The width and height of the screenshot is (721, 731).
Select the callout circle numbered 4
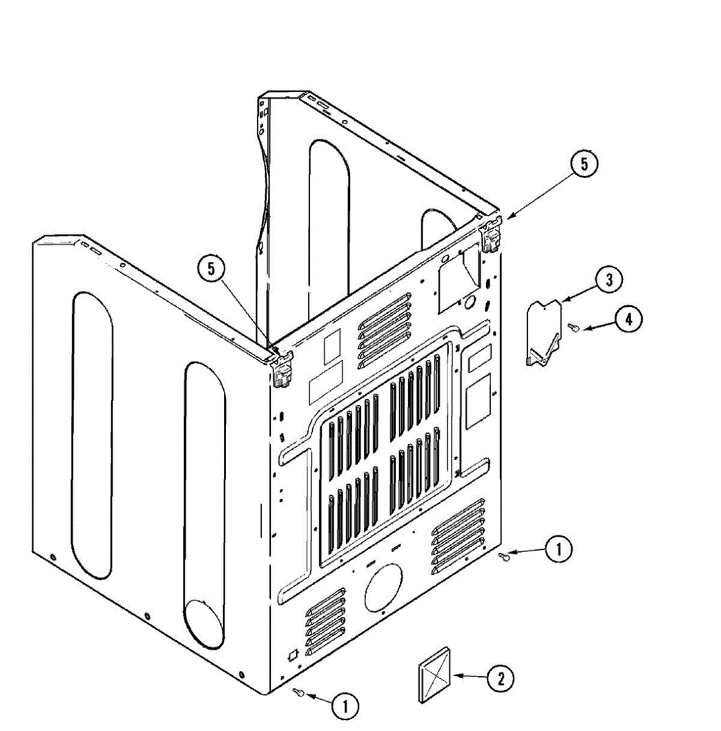(x=627, y=319)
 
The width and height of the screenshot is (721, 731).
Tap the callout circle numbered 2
(x=500, y=678)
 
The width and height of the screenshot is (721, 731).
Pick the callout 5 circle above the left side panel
(x=211, y=269)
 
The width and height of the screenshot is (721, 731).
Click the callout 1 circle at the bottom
(x=345, y=707)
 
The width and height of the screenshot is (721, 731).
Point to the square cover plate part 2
(x=435, y=674)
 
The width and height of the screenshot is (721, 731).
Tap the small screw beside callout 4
(x=573, y=328)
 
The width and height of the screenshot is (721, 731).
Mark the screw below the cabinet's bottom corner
(x=298, y=693)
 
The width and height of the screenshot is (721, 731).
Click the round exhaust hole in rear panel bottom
(x=384, y=587)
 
